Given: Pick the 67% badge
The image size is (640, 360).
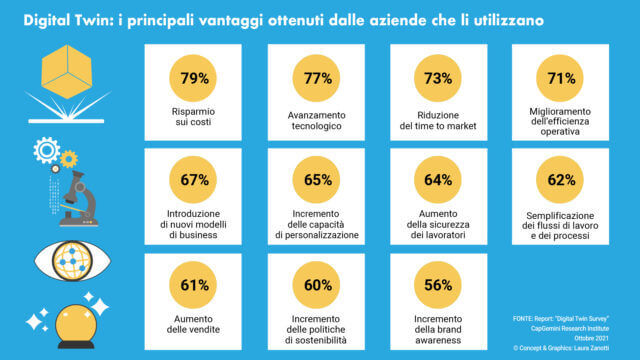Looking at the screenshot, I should pos(194,181).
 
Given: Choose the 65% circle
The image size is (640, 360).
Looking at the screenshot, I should pos(317,181).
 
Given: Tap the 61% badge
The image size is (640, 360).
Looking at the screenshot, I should pos(194,285).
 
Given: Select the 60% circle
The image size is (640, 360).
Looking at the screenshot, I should pos(317,285).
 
